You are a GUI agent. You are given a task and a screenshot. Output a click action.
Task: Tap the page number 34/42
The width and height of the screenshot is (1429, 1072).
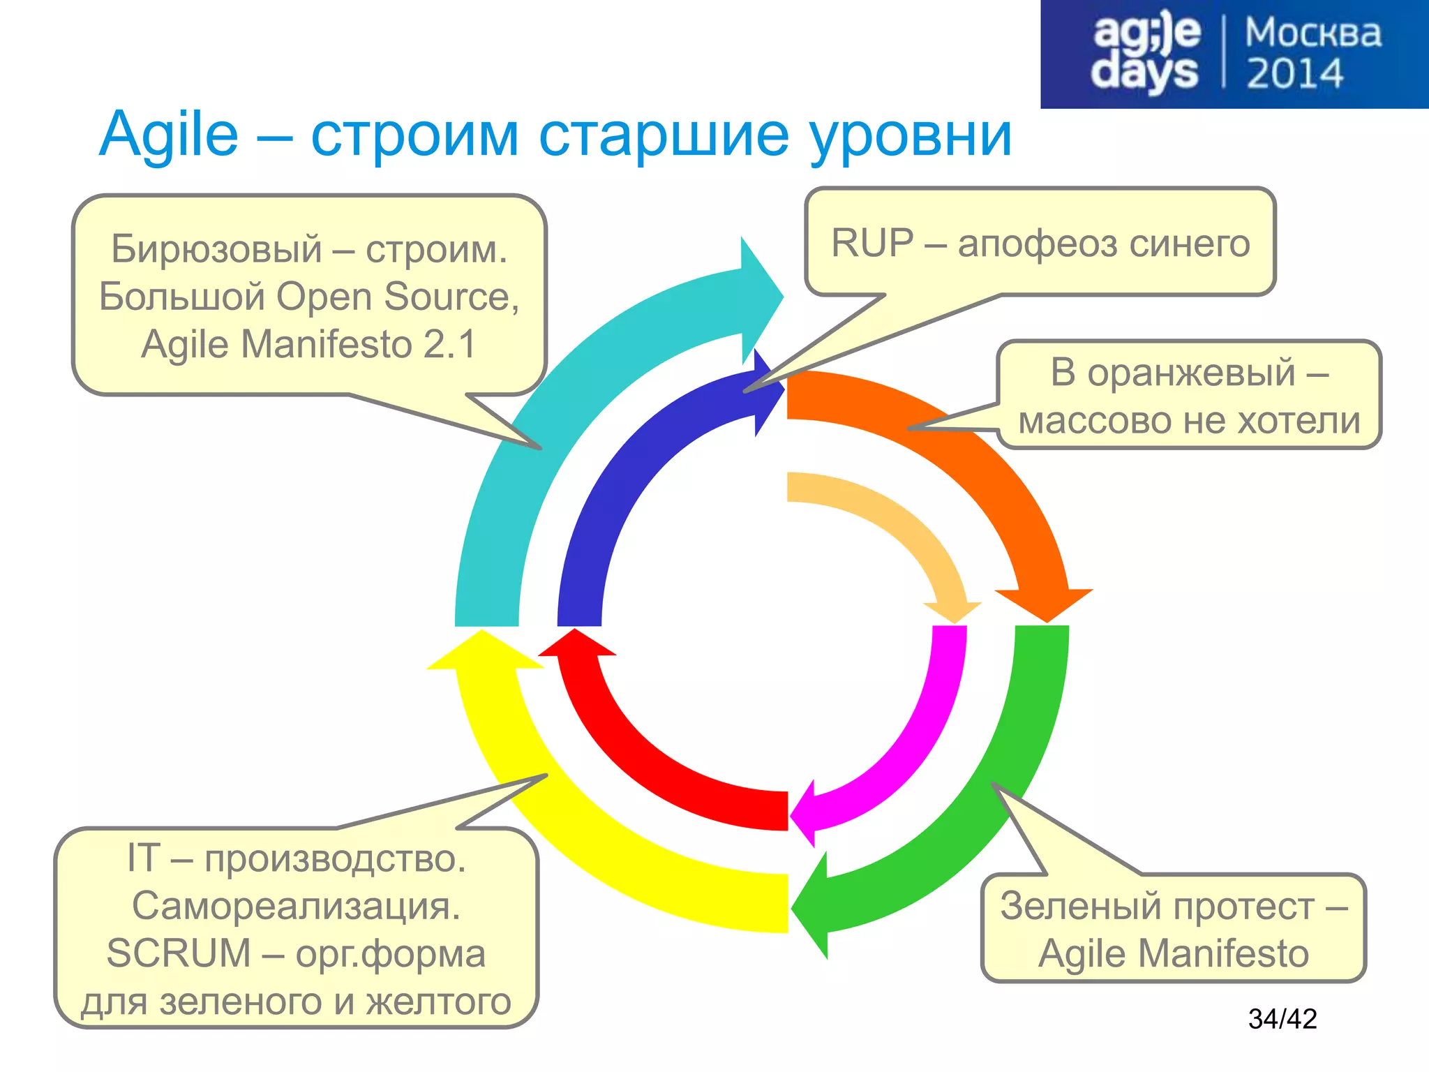pos(1282,1019)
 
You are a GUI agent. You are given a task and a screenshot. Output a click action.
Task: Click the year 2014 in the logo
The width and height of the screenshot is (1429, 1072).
pos(1294,74)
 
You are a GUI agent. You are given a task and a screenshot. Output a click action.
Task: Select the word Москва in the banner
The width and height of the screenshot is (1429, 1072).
pos(1312,33)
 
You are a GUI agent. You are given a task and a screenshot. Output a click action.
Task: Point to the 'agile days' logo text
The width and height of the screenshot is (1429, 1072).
pos(1146,53)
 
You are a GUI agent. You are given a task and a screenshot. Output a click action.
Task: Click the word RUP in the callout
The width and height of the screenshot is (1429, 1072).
pos(872,244)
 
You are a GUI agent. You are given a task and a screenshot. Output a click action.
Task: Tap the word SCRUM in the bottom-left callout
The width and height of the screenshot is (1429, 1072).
pos(179,953)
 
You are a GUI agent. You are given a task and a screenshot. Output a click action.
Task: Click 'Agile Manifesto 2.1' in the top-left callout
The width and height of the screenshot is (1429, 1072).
pos(309,344)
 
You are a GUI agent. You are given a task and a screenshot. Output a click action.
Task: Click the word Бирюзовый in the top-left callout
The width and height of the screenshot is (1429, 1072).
pos(216,249)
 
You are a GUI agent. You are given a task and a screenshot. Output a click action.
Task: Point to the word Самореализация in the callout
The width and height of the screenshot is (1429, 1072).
pos(296,906)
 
